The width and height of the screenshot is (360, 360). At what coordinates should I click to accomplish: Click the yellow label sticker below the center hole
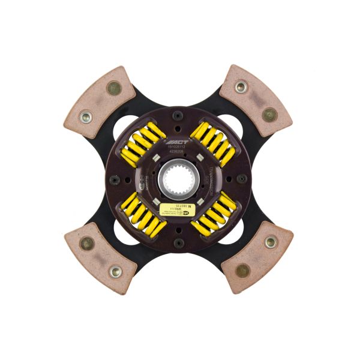click(x=175, y=209)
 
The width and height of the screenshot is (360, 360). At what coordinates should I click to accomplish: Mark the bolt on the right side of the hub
click(x=242, y=179)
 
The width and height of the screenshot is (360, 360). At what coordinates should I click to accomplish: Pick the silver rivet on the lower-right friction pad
click(x=270, y=242)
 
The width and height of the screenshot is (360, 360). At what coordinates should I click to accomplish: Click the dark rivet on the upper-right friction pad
click(x=269, y=114)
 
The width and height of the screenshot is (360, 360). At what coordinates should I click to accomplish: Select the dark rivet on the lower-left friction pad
click(x=88, y=243)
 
